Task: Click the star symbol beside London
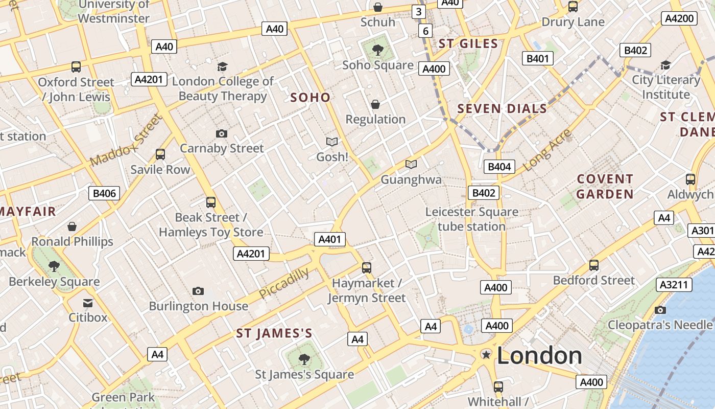(x=486, y=354)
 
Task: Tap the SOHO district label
(x=310, y=97)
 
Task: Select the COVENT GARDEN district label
(x=605, y=187)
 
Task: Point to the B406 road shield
(x=105, y=193)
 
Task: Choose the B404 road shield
(x=499, y=166)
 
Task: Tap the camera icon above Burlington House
(x=198, y=291)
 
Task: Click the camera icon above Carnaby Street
(x=221, y=133)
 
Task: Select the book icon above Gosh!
(x=332, y=142)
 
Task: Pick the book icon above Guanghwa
(x=411, y=164)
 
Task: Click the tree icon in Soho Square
(x=378, y=50)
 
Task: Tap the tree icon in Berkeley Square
(x=54, y=266)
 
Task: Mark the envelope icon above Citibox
(x=88, y=303)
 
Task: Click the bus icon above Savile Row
(x=160, y=154)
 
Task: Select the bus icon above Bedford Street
(x=594, y=265)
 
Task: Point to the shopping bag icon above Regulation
(x=375, y=104)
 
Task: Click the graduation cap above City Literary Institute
(x=665, y=65)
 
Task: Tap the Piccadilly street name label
(x=284, y=283)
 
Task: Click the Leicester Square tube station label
(x=471, y=219)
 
